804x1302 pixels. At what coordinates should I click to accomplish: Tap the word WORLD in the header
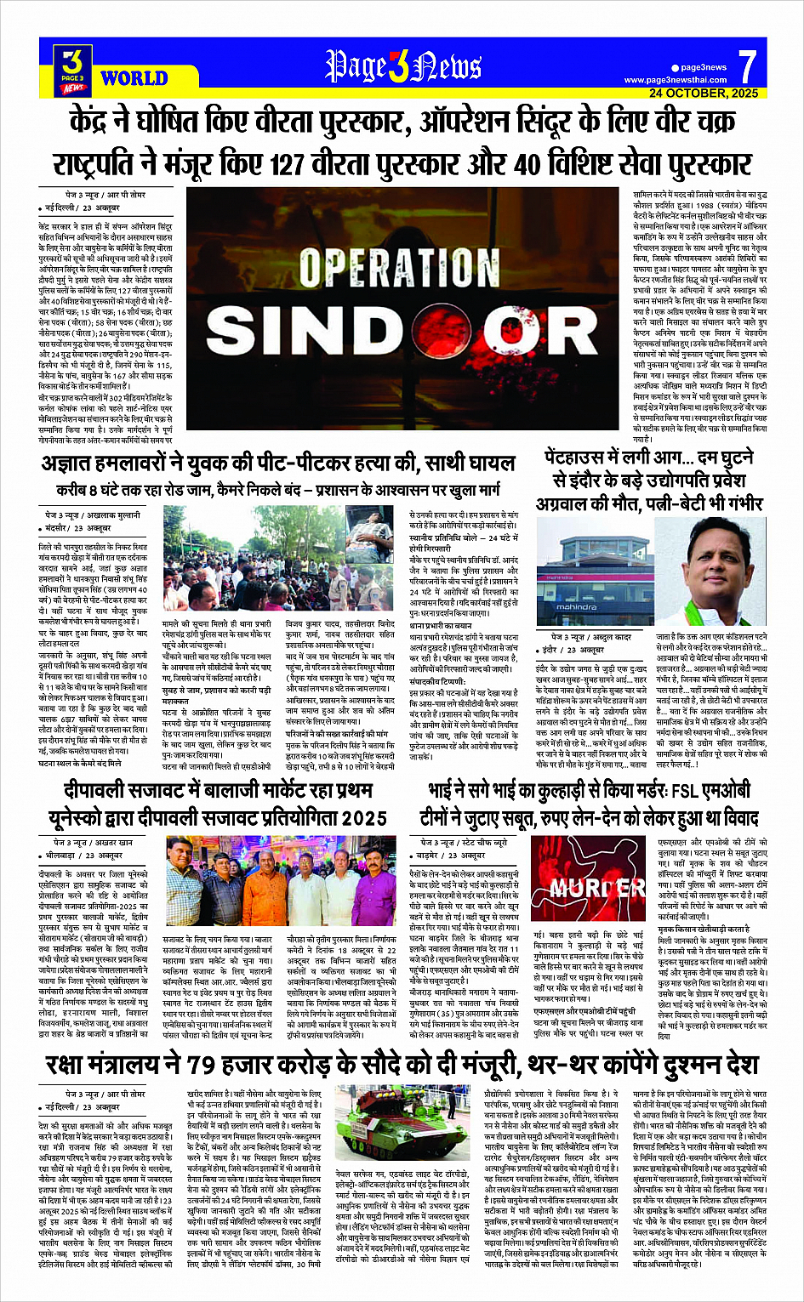coord(134,79)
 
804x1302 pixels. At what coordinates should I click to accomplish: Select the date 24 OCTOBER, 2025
coord(703,93)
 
